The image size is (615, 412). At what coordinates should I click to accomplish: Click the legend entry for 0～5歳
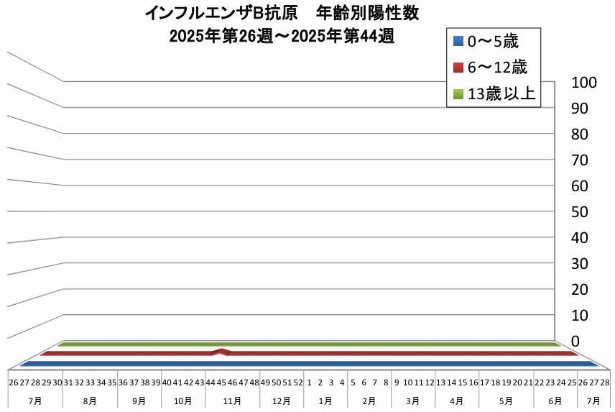(x=493, y=42)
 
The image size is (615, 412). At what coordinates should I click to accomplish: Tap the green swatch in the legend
(x=458, y=93)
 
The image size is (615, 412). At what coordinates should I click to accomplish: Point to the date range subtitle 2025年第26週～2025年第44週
(x=282, y=36)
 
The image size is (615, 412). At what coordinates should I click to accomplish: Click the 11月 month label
(x=233, y=400)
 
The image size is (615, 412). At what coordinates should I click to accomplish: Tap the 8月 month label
(x=91, y=400)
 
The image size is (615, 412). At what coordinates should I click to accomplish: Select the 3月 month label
(x=413, y=400)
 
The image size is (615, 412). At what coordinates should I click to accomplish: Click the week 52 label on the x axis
(x=298, y=383)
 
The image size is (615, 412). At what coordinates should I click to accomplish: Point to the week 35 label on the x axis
(x=112, y=383)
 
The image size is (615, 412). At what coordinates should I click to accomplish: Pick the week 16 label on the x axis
(x=473, y=383)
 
